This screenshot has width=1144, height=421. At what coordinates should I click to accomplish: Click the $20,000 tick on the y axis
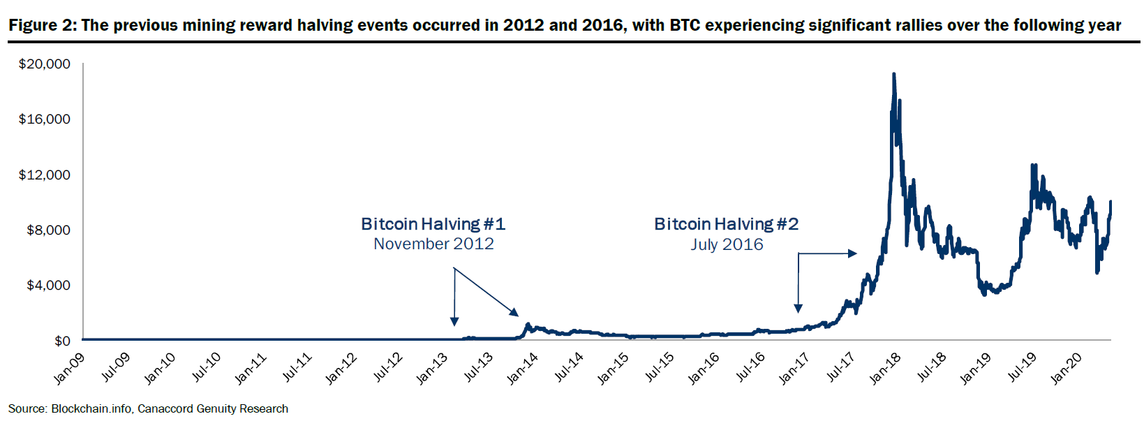tap(45, 64)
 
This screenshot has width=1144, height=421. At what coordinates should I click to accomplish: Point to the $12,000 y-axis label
tap(45, 175)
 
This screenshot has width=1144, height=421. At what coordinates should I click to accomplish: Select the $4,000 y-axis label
tap(48, 286)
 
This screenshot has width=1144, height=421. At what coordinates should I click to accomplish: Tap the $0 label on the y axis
tap(62, 341)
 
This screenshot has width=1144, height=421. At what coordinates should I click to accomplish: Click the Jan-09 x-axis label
tap(69, 368)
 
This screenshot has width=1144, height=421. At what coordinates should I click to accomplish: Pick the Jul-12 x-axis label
tap(387, 367)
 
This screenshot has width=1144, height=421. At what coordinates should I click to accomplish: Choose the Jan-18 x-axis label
tap(884, 368)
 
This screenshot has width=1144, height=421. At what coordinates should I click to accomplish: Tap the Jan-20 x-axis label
tap(1066, 368)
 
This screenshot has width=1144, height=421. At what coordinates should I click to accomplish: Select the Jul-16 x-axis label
tap(750, 367)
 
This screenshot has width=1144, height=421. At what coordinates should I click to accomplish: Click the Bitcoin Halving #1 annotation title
tap(433, 224)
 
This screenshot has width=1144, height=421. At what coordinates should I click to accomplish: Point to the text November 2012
tap(433, 244)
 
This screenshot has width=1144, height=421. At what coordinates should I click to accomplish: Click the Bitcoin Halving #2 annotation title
tap(726, 224)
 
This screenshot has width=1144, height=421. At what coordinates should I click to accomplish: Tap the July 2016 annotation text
tap(727, 244)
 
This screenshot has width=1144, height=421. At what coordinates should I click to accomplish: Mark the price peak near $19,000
tap(894, 74)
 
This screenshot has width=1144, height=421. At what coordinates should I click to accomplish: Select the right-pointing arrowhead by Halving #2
tap(852, 253)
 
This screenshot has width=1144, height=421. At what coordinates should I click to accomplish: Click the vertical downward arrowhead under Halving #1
tap(454, 321)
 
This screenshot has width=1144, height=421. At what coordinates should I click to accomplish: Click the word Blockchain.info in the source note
tap(91, 409)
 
